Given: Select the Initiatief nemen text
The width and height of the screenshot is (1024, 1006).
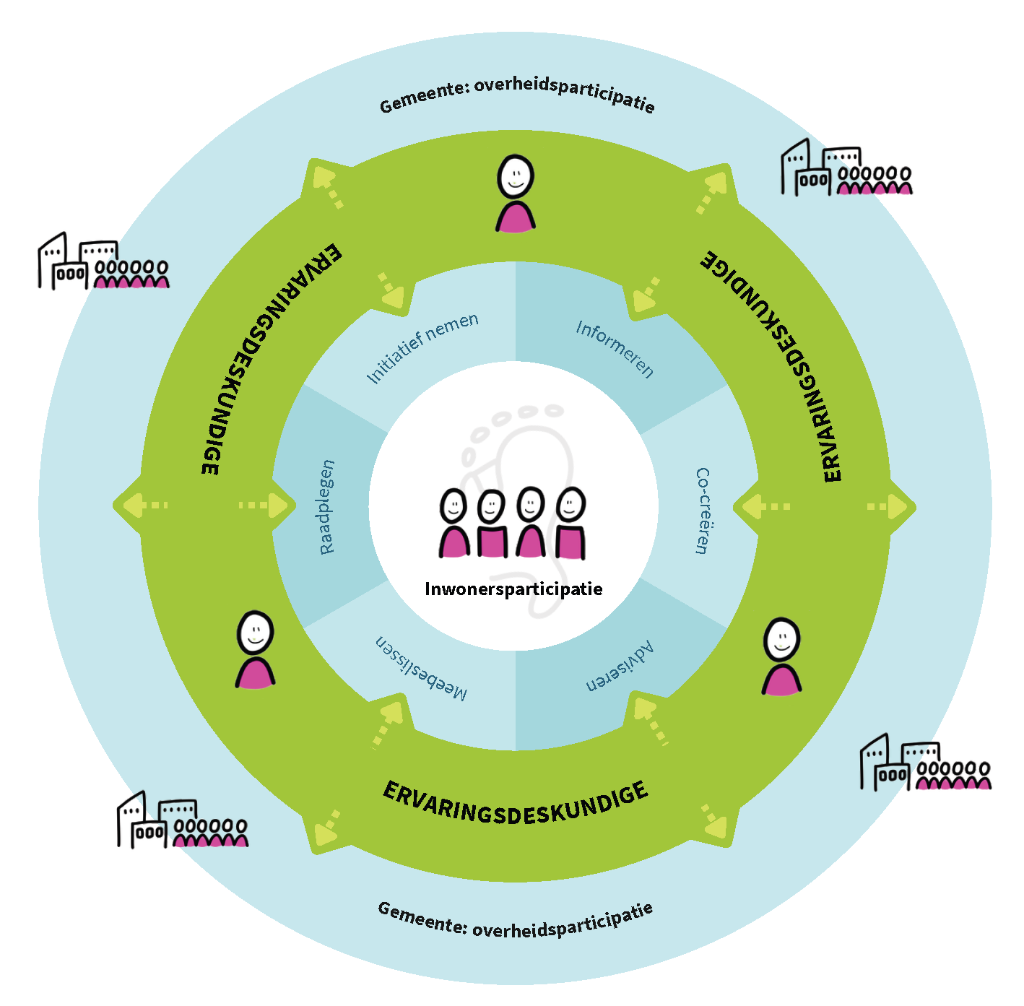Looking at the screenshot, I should coord(422,348).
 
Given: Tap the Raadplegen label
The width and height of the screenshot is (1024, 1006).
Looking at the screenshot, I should coord(326,507).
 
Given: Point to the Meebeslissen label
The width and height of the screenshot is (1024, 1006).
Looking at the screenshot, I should coord(421,668).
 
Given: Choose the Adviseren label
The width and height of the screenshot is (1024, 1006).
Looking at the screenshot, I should coord(620,667).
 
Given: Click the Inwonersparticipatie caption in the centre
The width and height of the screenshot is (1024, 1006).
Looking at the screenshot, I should coord(513,589).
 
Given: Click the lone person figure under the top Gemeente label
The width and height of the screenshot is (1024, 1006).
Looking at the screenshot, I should coord(516,194).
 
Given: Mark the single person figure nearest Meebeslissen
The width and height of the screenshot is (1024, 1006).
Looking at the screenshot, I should coord(256,649).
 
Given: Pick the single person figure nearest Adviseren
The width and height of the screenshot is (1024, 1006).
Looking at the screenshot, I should coord(781,656).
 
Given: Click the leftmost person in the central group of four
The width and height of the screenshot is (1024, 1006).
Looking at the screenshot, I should coord(454,524).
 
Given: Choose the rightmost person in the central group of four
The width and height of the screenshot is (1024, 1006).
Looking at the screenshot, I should coord(570,524).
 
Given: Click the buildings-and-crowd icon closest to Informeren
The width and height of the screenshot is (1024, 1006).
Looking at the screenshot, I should coord(846,169).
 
